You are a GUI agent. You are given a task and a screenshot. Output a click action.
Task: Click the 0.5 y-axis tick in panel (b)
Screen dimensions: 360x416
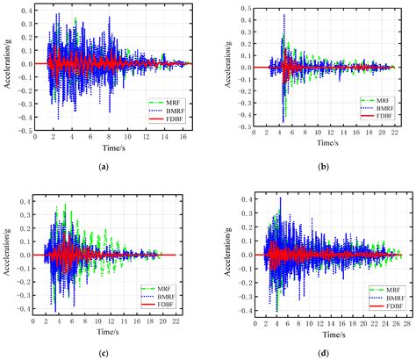click(x=233, y=8)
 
